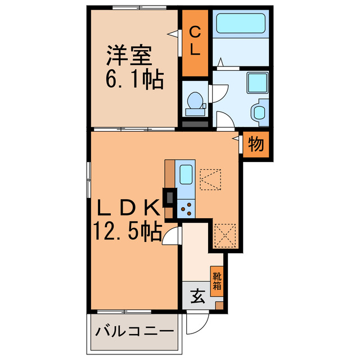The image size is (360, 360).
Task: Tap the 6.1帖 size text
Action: [133, 80]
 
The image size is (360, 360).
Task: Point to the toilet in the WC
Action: [195, 101]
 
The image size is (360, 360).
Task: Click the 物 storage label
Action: [256, 145]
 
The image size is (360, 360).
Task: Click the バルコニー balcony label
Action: [134, 331]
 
